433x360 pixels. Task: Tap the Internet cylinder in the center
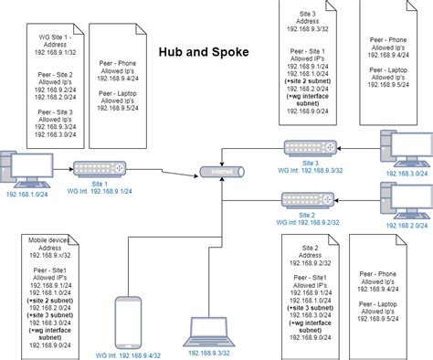[221, 172]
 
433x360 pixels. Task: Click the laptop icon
[206, 329]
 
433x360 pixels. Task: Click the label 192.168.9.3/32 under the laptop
[208, 351]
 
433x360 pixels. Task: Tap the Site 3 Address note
[310, 63]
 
